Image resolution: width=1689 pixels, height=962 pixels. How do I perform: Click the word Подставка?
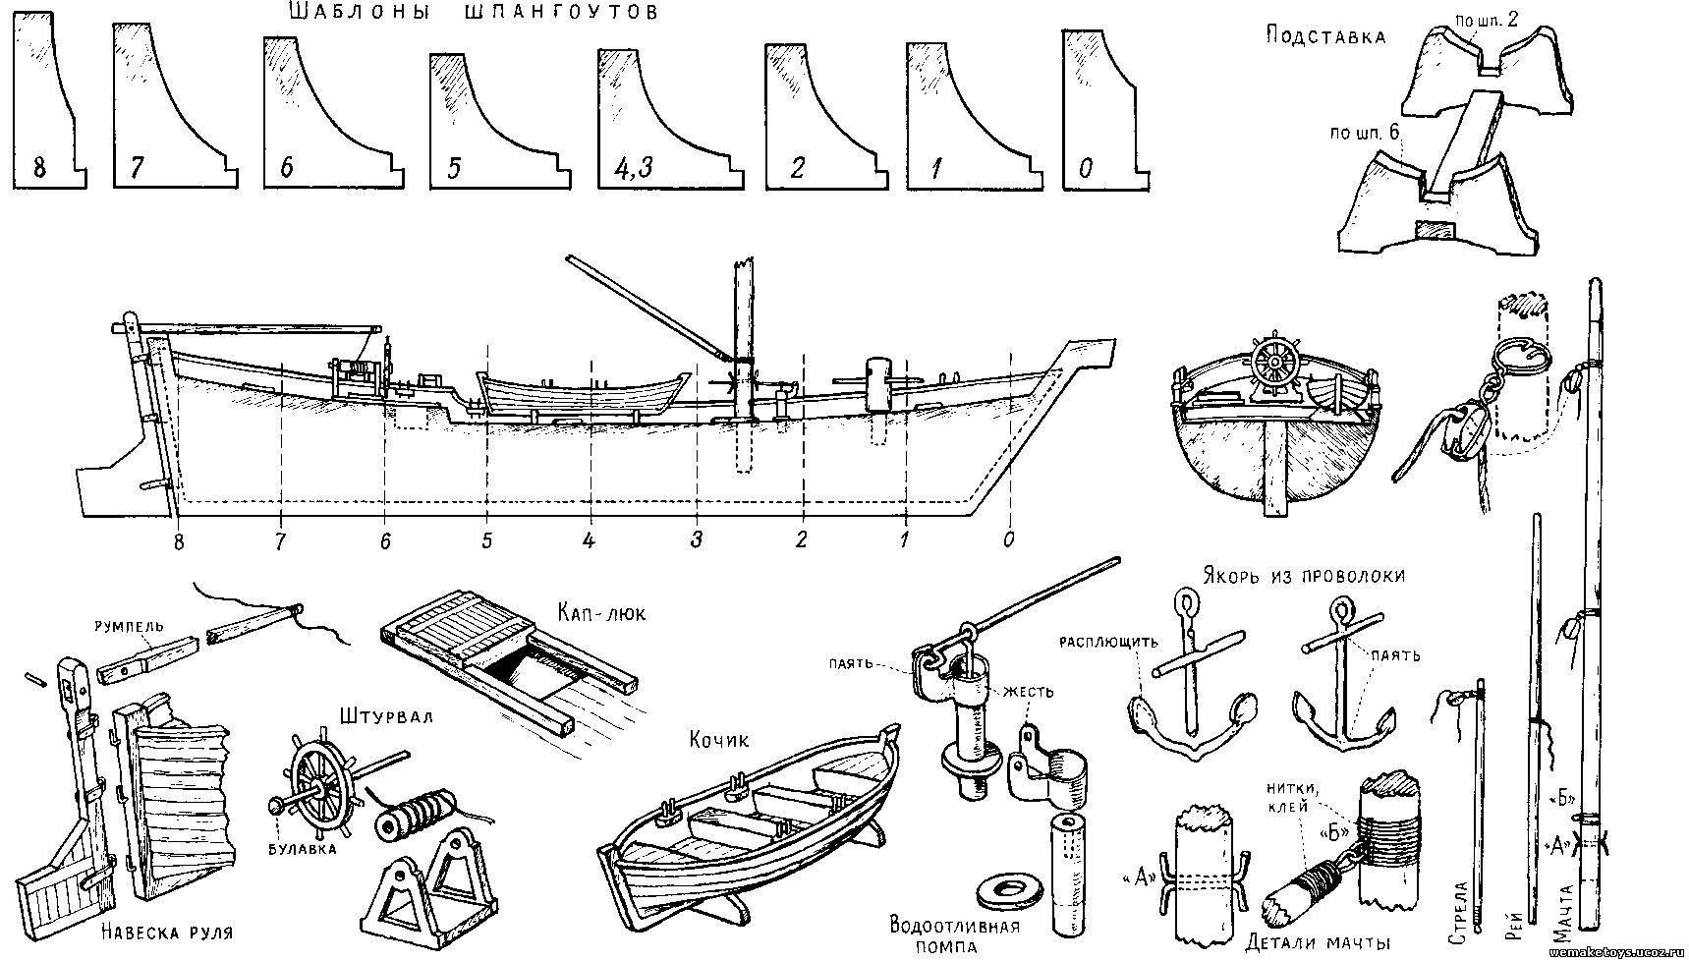(x=1325, y=37)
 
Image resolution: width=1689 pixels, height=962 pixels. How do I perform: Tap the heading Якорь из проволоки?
(x=1300, y=576)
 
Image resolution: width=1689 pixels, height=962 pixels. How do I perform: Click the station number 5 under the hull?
(x=486, y=539)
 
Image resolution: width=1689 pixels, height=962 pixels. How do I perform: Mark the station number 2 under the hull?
(x=801, y=539)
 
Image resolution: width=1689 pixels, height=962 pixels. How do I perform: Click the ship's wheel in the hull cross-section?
(x=1275, y=365)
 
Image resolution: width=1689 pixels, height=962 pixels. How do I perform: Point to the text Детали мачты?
(x=1317, y=941)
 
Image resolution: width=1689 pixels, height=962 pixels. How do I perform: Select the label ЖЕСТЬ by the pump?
(x=1029, y=692)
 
